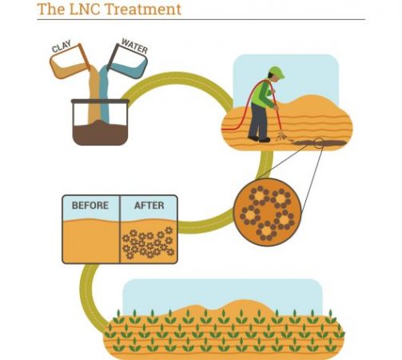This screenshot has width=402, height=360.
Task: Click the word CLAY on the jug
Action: point(62,46)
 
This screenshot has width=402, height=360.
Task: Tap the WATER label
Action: point(134,46)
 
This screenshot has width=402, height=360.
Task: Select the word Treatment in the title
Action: point(143,9)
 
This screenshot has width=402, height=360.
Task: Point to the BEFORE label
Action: point(90,206)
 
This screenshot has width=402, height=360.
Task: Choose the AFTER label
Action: point(149,206)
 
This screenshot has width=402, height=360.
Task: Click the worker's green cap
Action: point(277,71)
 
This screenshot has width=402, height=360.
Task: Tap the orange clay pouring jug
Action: point(70,62)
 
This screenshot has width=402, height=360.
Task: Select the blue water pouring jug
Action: point(128,62)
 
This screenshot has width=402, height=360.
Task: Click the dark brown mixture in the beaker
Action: point(100,133)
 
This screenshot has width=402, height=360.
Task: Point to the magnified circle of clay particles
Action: point(267,212)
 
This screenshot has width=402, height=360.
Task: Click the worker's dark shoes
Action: point(259,139)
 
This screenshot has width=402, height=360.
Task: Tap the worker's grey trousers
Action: point(258,120)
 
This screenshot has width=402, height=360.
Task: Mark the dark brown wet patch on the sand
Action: point(320,143)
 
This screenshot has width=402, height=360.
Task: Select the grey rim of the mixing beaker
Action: point(100,102)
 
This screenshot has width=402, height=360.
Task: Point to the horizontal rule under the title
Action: point(201,19)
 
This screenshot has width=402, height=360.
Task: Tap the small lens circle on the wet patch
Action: point(319,143)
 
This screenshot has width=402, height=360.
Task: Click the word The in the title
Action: point(51,9)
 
